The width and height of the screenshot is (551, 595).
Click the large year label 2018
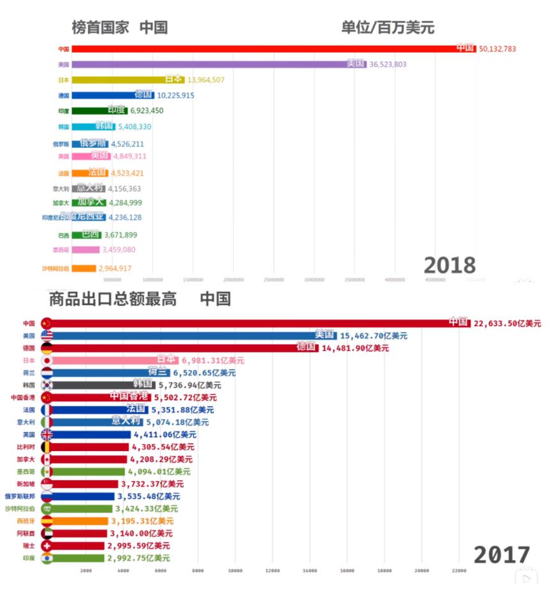pyautogui.click(x=450, y=265)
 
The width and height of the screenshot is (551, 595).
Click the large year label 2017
pyautogui.click(x=501, y=555)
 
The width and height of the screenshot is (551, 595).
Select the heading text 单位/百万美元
pyautogui.click(x=388, y=27)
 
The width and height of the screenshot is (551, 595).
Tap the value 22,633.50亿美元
pyautogui.click(x=507, y=324)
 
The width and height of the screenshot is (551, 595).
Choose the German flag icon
pyautogui.click(x=47, y=348)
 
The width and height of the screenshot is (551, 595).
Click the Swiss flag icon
pyautogui.click(x=47, y=546)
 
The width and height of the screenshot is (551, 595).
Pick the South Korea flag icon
pyautogui.click(x=47, y=385)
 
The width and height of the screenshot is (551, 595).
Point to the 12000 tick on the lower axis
pyautogui.click(x=272, y=571)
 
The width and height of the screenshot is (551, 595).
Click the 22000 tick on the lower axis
pyautogui.click(x=459, y=571)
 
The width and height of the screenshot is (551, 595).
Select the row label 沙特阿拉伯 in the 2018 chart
pyautogui.click(x=55, y=268)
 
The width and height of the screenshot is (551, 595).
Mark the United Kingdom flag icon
pyautogui.click(x=47, y=434)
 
